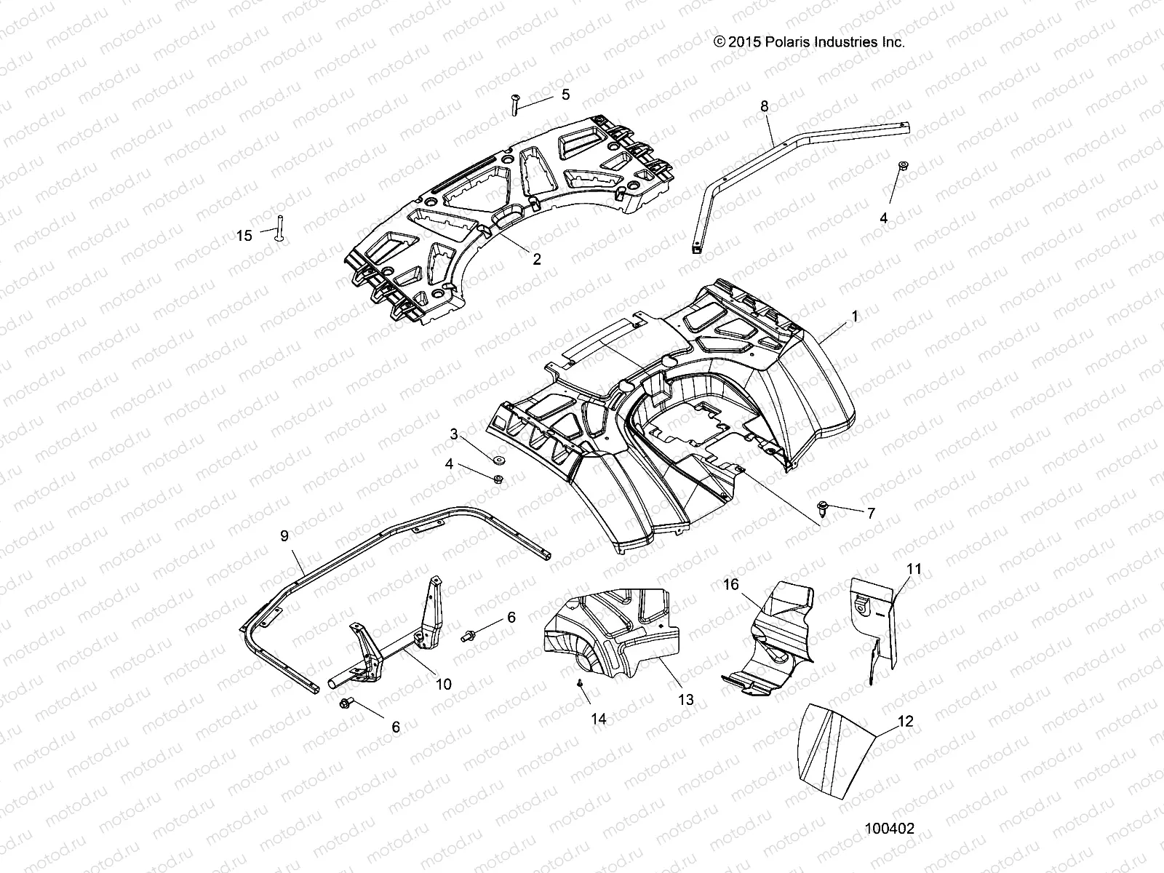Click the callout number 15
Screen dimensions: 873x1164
[x=244, y=235]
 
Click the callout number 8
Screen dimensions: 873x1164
[x=764, y=106]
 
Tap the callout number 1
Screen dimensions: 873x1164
[x=855, y=316]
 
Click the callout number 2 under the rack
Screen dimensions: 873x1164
[x=537, y=259]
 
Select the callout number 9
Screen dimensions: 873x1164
[x=284, y=535]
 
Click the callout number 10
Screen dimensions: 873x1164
[x=443, y=684]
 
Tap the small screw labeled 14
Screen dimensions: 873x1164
[x=580, y=684]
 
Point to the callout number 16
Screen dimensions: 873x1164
[x=730, y=584]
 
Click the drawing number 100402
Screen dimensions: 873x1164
[x=889, y=829]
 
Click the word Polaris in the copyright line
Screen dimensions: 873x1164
[x=783, y=42]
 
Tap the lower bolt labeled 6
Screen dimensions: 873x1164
[x=346, y=703]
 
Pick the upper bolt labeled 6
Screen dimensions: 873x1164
[x=468, y=635]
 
